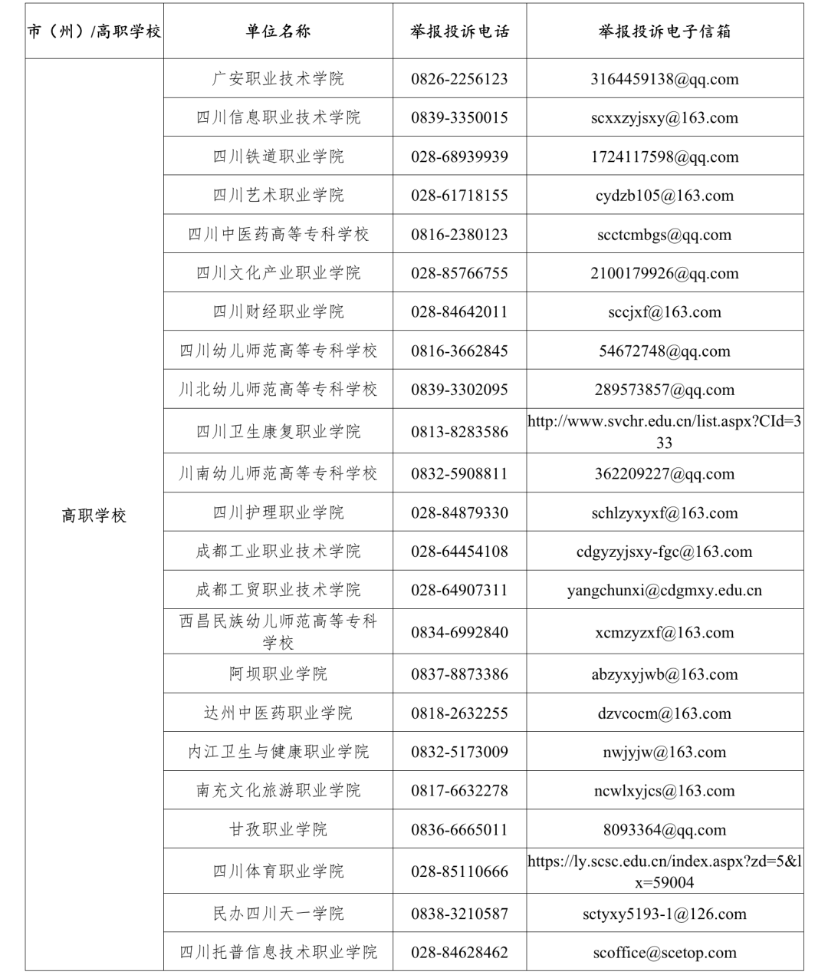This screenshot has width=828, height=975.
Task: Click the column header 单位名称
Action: (x=278, y=31)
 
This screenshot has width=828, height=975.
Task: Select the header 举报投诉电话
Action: (x=459, y=31)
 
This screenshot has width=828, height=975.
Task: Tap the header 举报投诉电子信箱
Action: (x=665, y=31)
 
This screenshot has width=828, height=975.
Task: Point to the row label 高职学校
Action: (x=94, y=515)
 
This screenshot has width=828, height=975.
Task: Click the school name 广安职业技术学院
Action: (x=278, y=79)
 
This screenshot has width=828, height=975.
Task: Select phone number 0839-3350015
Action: (x=459, y=118)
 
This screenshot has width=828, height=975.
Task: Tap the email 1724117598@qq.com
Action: (x=665, y=157)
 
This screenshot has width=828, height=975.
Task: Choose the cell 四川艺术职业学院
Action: (x=278, y=196)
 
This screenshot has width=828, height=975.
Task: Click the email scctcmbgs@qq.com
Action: (x=665, y=235)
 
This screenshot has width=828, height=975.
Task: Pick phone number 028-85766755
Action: (x=459, y=273)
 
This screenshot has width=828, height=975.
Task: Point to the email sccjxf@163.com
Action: (x=665, y=312)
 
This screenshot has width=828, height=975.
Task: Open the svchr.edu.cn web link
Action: (x=665, y=431)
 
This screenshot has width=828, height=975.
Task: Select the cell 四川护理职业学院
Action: (x=278, y=512)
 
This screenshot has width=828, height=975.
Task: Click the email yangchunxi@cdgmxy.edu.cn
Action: (x=665, y=591)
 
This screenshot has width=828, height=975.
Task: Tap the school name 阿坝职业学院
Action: (x=278, y=674)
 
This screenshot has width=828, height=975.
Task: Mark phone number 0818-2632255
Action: (x=459, y=713)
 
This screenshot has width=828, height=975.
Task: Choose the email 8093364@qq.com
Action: (x=665, y=830)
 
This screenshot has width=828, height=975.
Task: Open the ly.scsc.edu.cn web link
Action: (x=665, y=871)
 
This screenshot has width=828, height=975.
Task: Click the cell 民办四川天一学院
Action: (x=278, y=914)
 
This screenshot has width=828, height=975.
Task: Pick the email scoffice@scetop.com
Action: (x=665, y=953)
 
